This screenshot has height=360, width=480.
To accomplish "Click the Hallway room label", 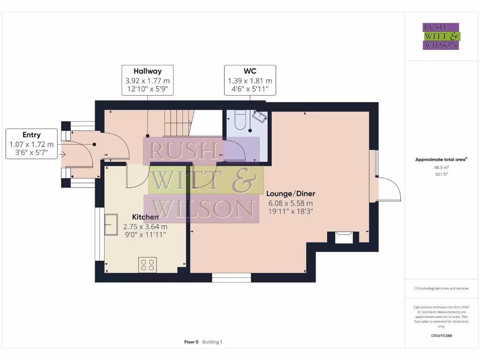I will coord(147,71).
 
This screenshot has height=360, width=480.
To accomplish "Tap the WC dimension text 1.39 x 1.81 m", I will coord(249,81).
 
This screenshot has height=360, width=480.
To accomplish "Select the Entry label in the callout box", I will coord(31,135).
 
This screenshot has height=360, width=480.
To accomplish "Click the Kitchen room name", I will coord(145,217).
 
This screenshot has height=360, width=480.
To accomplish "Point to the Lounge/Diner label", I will coord(291,194).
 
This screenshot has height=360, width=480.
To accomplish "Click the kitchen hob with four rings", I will coord(147,265).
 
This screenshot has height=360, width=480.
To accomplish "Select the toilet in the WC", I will coord(240,120).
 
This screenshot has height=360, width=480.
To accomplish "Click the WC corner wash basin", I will coord(260,116).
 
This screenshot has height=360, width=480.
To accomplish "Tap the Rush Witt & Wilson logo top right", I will coord(441,37).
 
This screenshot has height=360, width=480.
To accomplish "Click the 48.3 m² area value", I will coord(441,167).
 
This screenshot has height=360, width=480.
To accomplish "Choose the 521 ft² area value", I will coord(441,174).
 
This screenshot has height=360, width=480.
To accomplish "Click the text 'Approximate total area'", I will coord(440,160).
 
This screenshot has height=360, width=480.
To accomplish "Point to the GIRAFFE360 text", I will coord(441,336).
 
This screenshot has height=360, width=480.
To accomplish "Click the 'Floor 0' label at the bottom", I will coord(191,342).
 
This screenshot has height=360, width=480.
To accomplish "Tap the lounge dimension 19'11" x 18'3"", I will coord(290,211).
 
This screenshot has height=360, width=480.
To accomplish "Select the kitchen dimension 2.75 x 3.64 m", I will coord(145,226).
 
